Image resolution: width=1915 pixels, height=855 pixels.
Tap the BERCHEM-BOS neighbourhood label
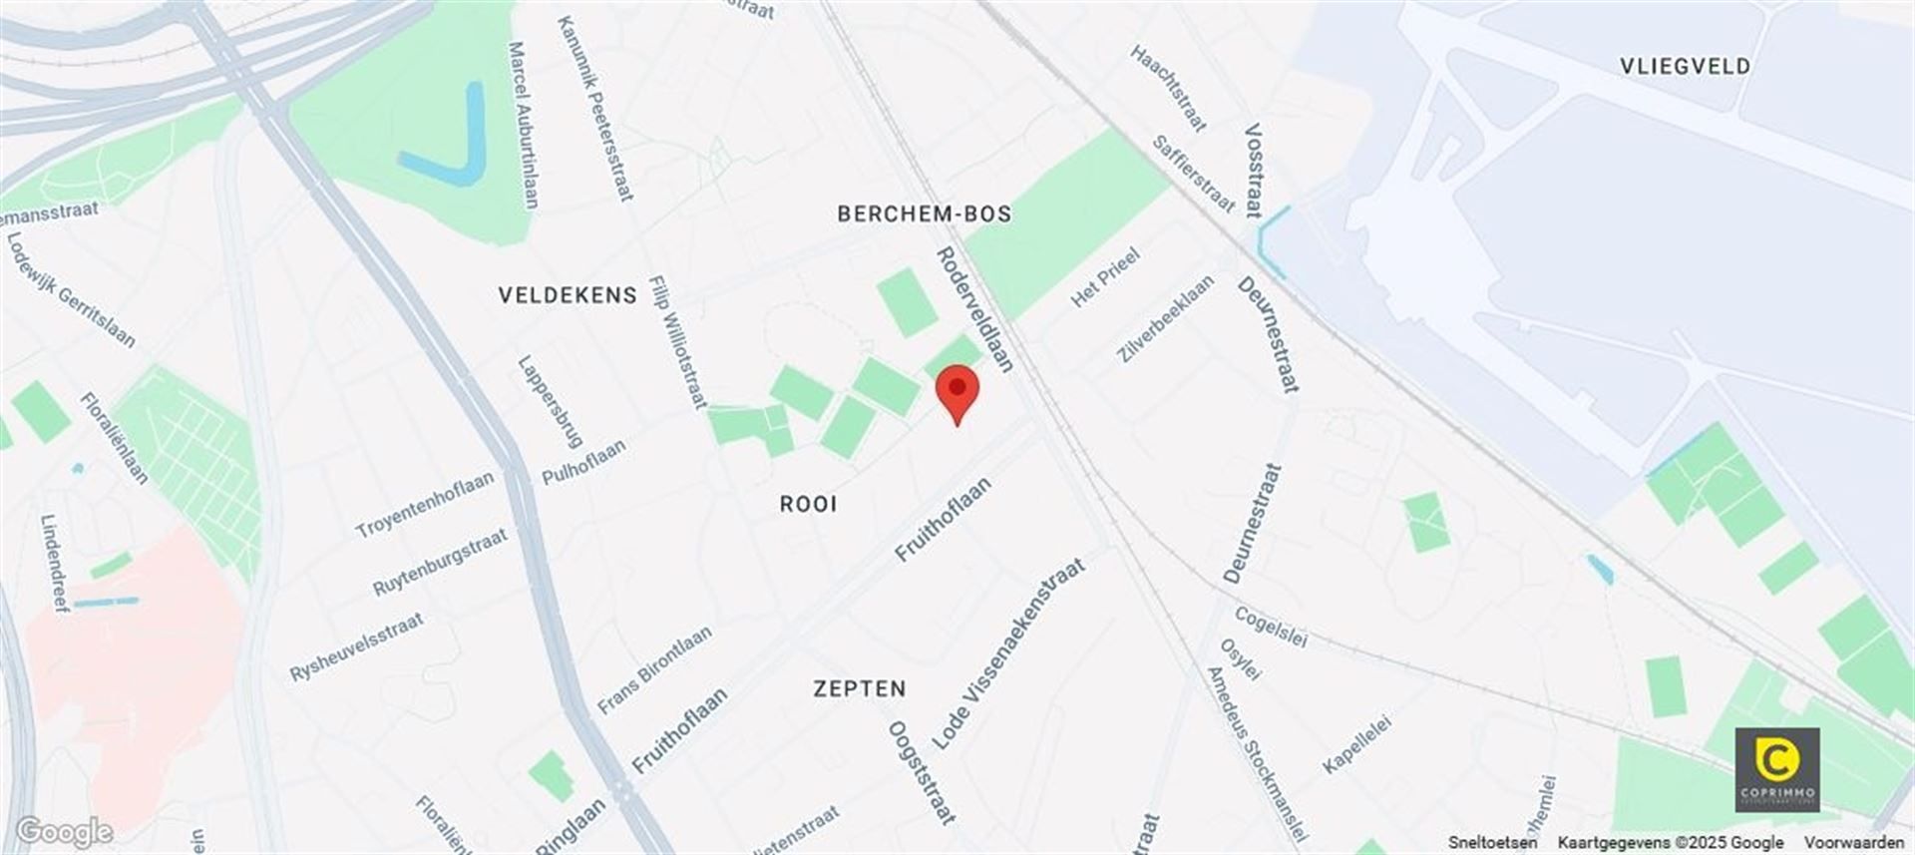pyautogui.click(x=924, y=214)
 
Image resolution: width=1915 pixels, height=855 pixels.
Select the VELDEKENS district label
pyautogui.click(x=568, y=295)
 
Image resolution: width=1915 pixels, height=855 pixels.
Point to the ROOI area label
pyautogui.click(x=808, y=504)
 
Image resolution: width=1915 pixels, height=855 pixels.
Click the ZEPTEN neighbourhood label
pyautogui.click(x=860, y=688)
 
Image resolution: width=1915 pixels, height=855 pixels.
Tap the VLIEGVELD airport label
pyautogui.click(x=1685, y=67)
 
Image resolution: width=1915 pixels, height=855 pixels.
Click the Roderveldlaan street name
pyautogui.click(x=974, y=309)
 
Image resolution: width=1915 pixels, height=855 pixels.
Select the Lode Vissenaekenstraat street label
pyautogui.click(x=1008, y=654)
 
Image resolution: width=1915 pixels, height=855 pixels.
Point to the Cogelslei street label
pyautogui.click(x=1271, y=627)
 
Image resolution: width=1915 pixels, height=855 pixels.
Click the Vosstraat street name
pyautogui.click(x=1254, y=170)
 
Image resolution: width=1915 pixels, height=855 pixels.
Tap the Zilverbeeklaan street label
pyautogui.click(x=1165, y=318)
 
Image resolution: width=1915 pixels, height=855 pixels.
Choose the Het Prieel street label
pyautogui.click(x=1105, y=277)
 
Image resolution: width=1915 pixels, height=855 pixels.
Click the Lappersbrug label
pyautogui.click(x=550, y=401)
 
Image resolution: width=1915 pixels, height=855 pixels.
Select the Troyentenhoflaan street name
pyautogui.click(x=425, y=504)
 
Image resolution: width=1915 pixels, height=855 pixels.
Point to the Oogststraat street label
pyautogui.click(x=922, y=771)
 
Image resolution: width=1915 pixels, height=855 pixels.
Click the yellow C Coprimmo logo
pyautogui.click(x=1777, y=769)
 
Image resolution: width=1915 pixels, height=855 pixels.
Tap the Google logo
pyautogui.click(x=65, y=831)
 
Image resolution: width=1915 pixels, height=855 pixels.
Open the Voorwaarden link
pyautogui.click(x=1853, y=843)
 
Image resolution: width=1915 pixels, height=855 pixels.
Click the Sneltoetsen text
pyautogui.click(x=1492, y=843)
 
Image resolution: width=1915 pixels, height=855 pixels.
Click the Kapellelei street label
pyautogui.click(x=1356, y=743)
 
